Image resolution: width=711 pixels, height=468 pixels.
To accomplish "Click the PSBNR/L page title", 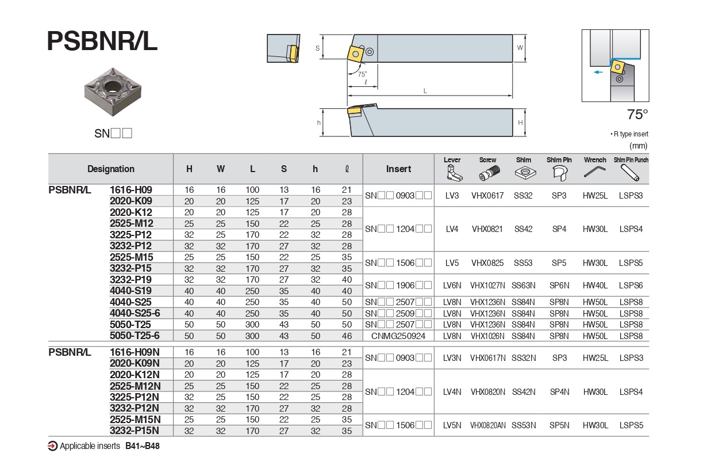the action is (x=102, y=41).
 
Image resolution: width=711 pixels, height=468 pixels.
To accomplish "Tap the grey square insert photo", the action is (x=113, y=92).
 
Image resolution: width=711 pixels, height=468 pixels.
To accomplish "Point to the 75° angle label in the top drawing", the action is (x=362, y=74).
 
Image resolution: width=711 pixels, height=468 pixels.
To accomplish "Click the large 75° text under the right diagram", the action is (x=637, y=115).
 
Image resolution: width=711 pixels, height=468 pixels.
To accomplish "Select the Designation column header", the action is (x=111, y=169).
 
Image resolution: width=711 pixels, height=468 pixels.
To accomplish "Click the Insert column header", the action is (x=398, y=169).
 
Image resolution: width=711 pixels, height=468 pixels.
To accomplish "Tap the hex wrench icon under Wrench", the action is (x=594, y=172).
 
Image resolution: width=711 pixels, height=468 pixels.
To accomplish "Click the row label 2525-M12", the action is (x=132, y=223).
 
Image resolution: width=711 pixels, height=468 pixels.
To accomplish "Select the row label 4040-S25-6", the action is (x=135, y=313).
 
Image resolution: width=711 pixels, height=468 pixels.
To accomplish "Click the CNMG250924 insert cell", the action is (x=398, y=336).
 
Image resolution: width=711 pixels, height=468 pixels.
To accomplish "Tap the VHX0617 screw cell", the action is (x=487, y=196).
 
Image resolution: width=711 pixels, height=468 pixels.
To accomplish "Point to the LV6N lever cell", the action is (x=452, y=286).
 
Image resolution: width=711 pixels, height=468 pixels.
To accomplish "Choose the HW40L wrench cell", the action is (x=595, y=286).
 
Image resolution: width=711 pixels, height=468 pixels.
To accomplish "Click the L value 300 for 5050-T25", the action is (x=252, y=325).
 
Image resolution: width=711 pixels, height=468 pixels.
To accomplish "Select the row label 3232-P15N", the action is (x=134, y=431).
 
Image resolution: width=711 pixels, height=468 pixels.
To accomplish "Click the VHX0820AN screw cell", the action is (x=487, y=425).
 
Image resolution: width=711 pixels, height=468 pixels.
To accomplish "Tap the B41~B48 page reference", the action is (x=143, y=446).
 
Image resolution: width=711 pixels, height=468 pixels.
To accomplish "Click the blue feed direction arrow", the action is (x=598, y=72).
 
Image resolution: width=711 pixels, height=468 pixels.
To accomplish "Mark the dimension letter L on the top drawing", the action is (x=425, y=91).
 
